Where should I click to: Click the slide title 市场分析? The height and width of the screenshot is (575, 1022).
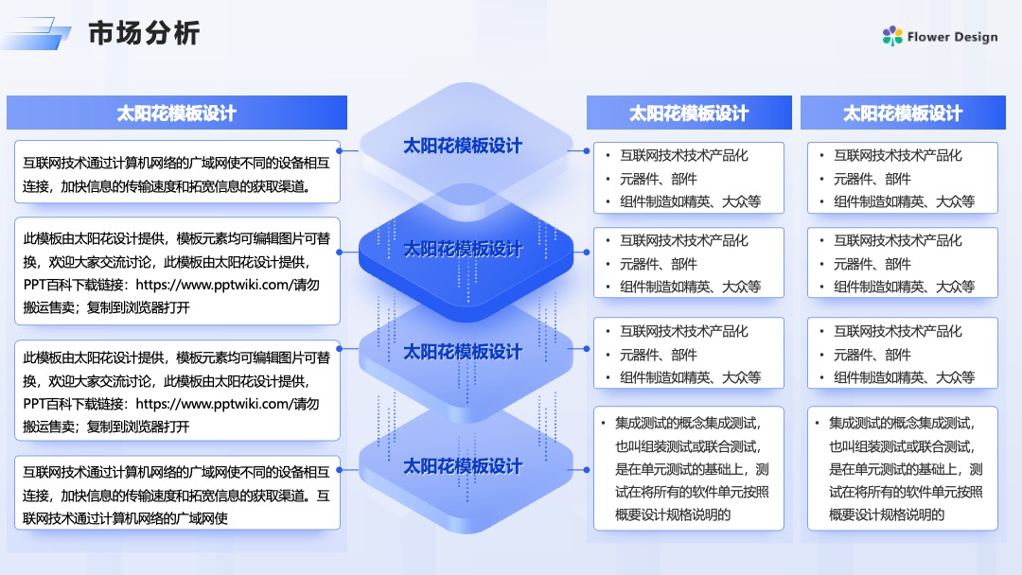[x=144, y=32]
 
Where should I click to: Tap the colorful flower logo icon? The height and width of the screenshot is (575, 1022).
[x=892, y=36]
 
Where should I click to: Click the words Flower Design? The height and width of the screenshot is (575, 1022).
[x=952, y=37]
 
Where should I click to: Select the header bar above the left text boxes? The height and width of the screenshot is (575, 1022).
[x=177, y=113]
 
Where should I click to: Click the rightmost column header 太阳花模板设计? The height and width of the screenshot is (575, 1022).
[x=903, y=113]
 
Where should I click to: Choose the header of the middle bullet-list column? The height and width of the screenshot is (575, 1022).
[x=689, y=113]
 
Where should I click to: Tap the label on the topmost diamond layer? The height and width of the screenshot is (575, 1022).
[x=463, y=146]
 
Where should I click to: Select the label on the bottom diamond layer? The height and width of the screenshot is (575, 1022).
[x=463, y=466]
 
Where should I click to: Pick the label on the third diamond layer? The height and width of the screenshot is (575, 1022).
[x=463, y=352]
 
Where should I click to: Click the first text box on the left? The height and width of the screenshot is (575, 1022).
[x=177, y=172]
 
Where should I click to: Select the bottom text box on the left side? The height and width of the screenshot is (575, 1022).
[x=177, y=493]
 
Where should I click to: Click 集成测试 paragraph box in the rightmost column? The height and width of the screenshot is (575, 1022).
[x=903, y=468]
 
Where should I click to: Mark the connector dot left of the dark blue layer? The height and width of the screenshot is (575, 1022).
[x=340, y=252]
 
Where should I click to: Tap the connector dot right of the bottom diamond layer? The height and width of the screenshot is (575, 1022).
[x=587, y=469]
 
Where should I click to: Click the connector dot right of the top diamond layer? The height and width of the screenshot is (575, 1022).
[x=587, y=150]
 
